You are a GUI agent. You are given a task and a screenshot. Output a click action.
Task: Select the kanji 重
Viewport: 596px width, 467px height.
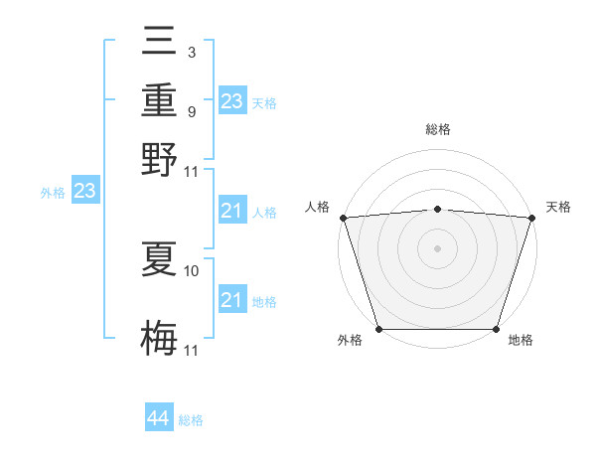pos(160,100)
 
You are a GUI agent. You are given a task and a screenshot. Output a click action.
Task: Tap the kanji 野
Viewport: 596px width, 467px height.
pos(160,158)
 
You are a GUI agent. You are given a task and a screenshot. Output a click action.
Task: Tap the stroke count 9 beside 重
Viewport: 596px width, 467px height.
pos(191,111)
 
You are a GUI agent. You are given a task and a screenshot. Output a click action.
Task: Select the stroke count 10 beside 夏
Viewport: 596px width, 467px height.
pos(193,270)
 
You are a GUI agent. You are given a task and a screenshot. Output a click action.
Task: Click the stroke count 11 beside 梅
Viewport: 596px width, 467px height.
pos(193,350)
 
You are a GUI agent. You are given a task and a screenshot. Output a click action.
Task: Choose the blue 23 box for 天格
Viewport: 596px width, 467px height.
pos(232,101)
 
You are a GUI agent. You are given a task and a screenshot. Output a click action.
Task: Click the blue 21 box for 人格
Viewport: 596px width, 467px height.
pos(232,211)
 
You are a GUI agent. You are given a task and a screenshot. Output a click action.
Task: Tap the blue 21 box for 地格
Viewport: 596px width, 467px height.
pos(232,300)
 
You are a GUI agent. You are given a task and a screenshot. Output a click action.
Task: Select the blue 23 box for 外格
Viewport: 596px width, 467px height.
pos(84,191)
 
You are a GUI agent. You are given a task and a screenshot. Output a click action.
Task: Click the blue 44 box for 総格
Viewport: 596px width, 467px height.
pos(158,418)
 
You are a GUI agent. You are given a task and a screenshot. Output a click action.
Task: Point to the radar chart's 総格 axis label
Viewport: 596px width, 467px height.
pos(437,129)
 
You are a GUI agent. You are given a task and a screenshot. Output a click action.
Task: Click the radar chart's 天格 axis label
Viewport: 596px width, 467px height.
pos(558,207)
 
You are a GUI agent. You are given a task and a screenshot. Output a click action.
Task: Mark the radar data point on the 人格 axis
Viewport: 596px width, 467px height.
pos(343,218)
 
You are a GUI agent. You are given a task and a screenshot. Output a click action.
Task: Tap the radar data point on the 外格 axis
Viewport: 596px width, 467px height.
pos(379,329)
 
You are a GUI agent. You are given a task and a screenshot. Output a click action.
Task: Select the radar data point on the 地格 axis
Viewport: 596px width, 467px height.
pos(496,329)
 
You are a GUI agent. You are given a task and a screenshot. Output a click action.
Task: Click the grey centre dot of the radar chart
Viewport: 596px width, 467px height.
pos(437,248)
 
